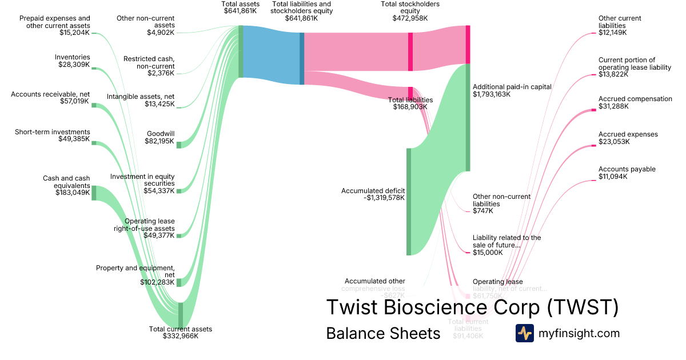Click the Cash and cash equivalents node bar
pos(94,193)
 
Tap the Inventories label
pos(72,57)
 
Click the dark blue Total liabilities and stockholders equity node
pos(302,58)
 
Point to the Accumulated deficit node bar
pos(409,202)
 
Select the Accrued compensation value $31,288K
pos(613,106)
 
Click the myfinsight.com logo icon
pos(524,333)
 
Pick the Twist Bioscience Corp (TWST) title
pos(472,307)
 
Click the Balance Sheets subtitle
pos(383,334)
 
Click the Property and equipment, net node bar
pos(178,282)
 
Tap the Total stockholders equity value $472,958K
pos(410,18)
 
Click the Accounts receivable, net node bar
pos(94,105)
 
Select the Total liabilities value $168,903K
pos(410,107)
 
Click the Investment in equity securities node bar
pos(178,191)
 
